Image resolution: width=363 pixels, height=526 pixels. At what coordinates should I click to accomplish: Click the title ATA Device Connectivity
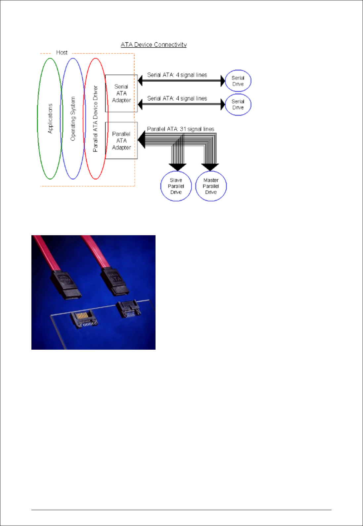point(154,45)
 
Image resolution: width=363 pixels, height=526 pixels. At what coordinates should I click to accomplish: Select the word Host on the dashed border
point(62,53)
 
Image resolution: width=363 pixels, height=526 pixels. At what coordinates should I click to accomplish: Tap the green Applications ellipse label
point(50,118)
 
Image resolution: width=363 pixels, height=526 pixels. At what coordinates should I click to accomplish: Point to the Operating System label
point(73,118)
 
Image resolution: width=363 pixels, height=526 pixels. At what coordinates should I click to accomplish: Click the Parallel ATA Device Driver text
point(96,118)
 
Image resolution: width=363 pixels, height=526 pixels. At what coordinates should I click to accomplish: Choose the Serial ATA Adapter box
point(121,93)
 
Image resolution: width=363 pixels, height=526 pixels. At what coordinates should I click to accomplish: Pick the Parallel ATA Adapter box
point(121,141)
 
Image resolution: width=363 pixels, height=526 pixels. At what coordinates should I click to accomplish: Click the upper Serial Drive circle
point(238,81)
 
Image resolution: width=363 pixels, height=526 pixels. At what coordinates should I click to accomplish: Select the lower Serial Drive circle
point(238,105)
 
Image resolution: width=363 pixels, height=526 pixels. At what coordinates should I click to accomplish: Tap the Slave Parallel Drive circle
point(176,186)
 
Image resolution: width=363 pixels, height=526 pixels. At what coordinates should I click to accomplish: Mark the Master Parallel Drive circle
point(211,186)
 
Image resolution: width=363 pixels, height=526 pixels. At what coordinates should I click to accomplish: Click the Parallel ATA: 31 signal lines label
point(180,129)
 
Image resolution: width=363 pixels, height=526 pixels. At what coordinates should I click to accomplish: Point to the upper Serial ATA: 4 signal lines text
point(177,75)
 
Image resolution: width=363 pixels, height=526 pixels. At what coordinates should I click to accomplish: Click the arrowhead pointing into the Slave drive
point(177,167)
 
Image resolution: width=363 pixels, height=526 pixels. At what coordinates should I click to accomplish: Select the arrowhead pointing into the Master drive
point(210,167)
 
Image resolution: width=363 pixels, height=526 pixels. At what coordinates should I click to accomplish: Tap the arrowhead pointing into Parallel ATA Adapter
point(141,139)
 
